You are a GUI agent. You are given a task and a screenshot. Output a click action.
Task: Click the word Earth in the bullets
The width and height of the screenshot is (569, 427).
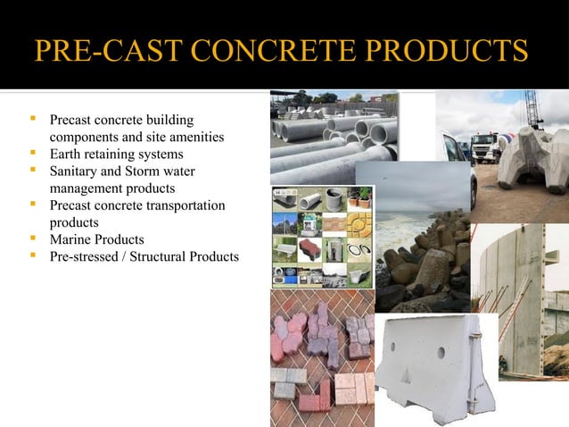click(66, 154)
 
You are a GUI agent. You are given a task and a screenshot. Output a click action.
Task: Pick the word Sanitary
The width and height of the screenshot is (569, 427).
click(76, 172)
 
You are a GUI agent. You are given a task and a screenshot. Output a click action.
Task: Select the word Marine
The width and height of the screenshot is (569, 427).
click(70, 240)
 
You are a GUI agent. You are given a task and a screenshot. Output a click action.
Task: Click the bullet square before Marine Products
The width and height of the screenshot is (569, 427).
click(33, 239)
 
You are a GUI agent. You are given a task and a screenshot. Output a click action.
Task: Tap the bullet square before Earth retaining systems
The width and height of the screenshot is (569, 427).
click(33, 153)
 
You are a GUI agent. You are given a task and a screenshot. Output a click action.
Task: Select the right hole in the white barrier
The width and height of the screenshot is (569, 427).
click(441, 352)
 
